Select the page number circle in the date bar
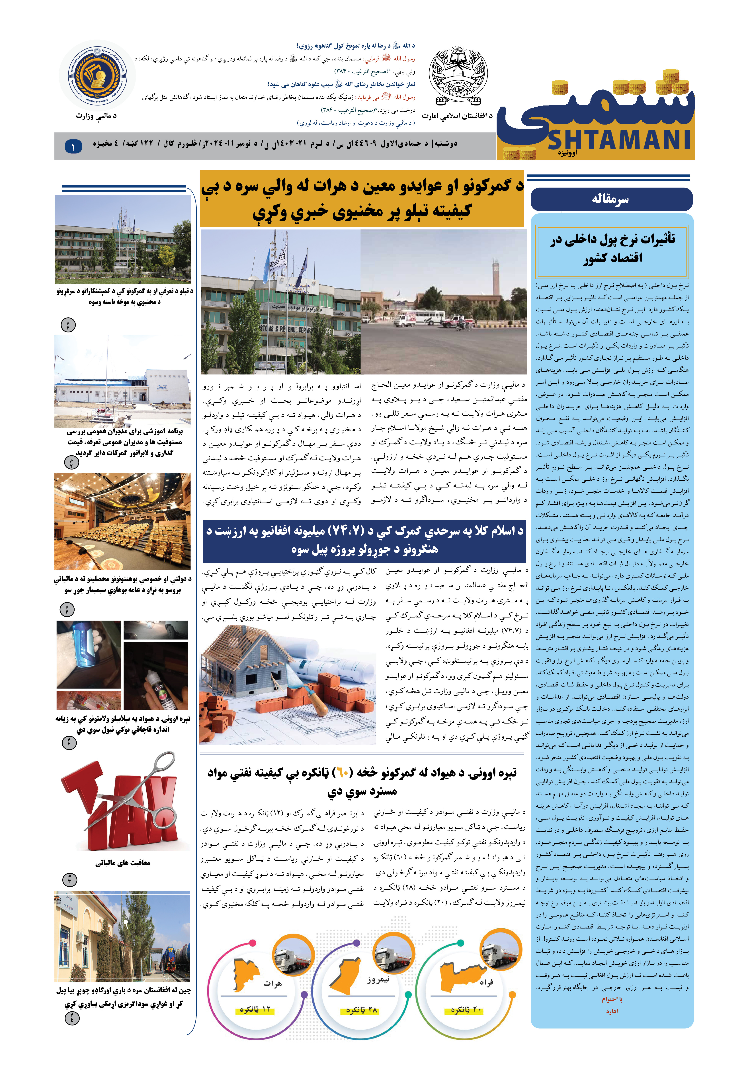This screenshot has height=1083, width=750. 73,147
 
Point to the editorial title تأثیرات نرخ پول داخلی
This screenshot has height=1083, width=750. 613,248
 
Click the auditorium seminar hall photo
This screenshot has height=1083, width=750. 123,521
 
